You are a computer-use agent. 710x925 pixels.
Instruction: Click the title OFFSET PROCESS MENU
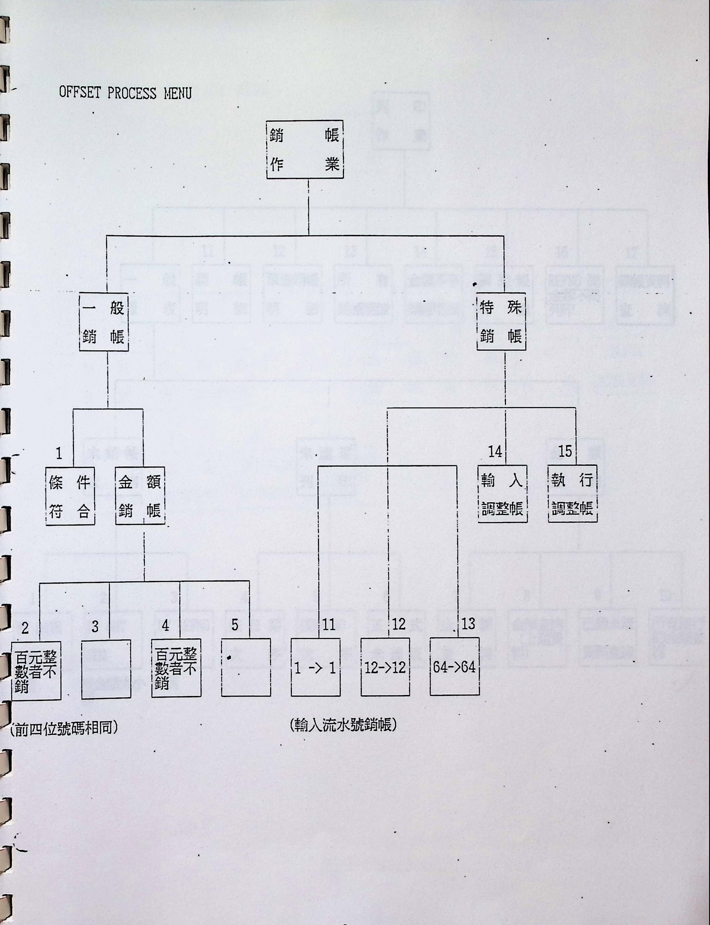(125, 93)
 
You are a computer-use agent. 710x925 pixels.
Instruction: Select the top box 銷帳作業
(304, 150)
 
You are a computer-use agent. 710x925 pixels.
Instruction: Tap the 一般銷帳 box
(104, 322)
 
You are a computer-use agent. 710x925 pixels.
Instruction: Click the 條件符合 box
(70, 496)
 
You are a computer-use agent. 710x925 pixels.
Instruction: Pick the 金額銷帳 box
(140, 496)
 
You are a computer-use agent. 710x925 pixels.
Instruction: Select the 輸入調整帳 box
(502, 494)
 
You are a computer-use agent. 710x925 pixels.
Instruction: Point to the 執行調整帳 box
(572, 494)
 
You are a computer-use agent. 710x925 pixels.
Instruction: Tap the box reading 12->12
(385, 668)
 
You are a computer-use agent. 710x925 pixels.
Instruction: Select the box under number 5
(246, 668)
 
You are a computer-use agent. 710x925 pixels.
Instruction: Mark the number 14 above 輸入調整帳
(495, 452)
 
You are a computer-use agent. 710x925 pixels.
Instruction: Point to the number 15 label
(565, 451)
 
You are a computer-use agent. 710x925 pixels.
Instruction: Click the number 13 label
(468, 624)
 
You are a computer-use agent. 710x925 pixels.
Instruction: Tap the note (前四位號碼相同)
(63, 729)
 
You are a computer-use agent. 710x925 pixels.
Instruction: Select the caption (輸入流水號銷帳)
(343, 725)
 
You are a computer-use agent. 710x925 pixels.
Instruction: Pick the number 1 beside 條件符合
(59, 454)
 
